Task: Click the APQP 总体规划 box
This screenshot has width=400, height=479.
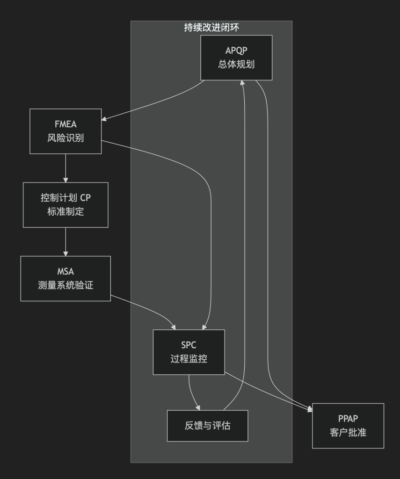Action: click(236, 58)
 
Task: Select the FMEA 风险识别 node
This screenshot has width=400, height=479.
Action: click(65, 131)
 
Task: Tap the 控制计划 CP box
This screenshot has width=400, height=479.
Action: click(65, 204)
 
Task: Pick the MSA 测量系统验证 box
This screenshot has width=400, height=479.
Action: click(65, 278)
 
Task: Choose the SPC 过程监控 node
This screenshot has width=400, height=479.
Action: click(189, 352)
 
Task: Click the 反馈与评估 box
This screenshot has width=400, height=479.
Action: click(207, 426)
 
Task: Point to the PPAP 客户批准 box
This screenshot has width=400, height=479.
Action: click(348, 426)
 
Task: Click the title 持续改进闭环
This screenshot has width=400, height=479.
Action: click(211, 28)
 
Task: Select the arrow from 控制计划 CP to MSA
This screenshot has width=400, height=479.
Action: click(65, 241)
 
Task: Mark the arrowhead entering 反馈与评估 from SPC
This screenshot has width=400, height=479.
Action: click(199, 407)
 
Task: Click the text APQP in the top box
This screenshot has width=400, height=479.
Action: click(236, 51)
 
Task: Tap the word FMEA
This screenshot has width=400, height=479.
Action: click(65, 125)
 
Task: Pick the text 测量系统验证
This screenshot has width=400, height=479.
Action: click(65, 285)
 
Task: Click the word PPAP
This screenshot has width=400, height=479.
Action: click(348, 419)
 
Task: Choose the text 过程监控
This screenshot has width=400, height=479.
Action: click(189, 358)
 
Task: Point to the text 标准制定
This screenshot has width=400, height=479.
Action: click(65, 211)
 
